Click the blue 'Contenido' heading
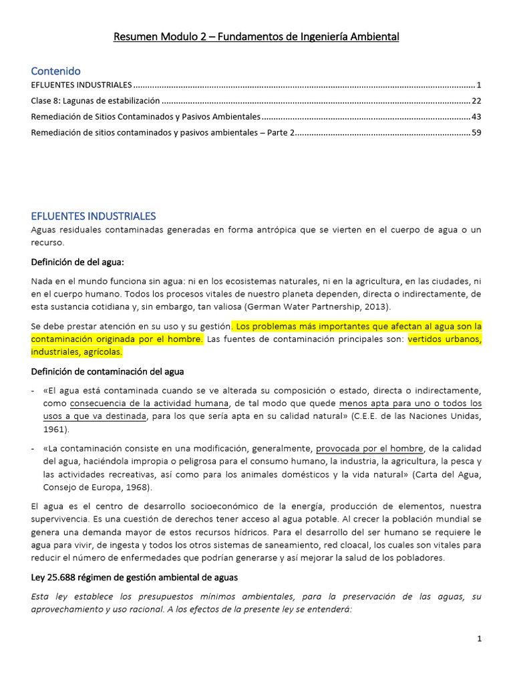55,71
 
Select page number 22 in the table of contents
476,101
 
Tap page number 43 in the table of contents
476,117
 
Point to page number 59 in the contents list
476,133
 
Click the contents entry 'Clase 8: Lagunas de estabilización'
96,101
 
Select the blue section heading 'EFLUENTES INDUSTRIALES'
94,216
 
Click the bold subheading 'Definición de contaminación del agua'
108,371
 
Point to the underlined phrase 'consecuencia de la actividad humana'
148,403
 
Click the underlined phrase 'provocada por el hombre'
369,448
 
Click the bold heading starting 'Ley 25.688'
133,576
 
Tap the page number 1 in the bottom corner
479,639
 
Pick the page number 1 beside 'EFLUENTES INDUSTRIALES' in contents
479,85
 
